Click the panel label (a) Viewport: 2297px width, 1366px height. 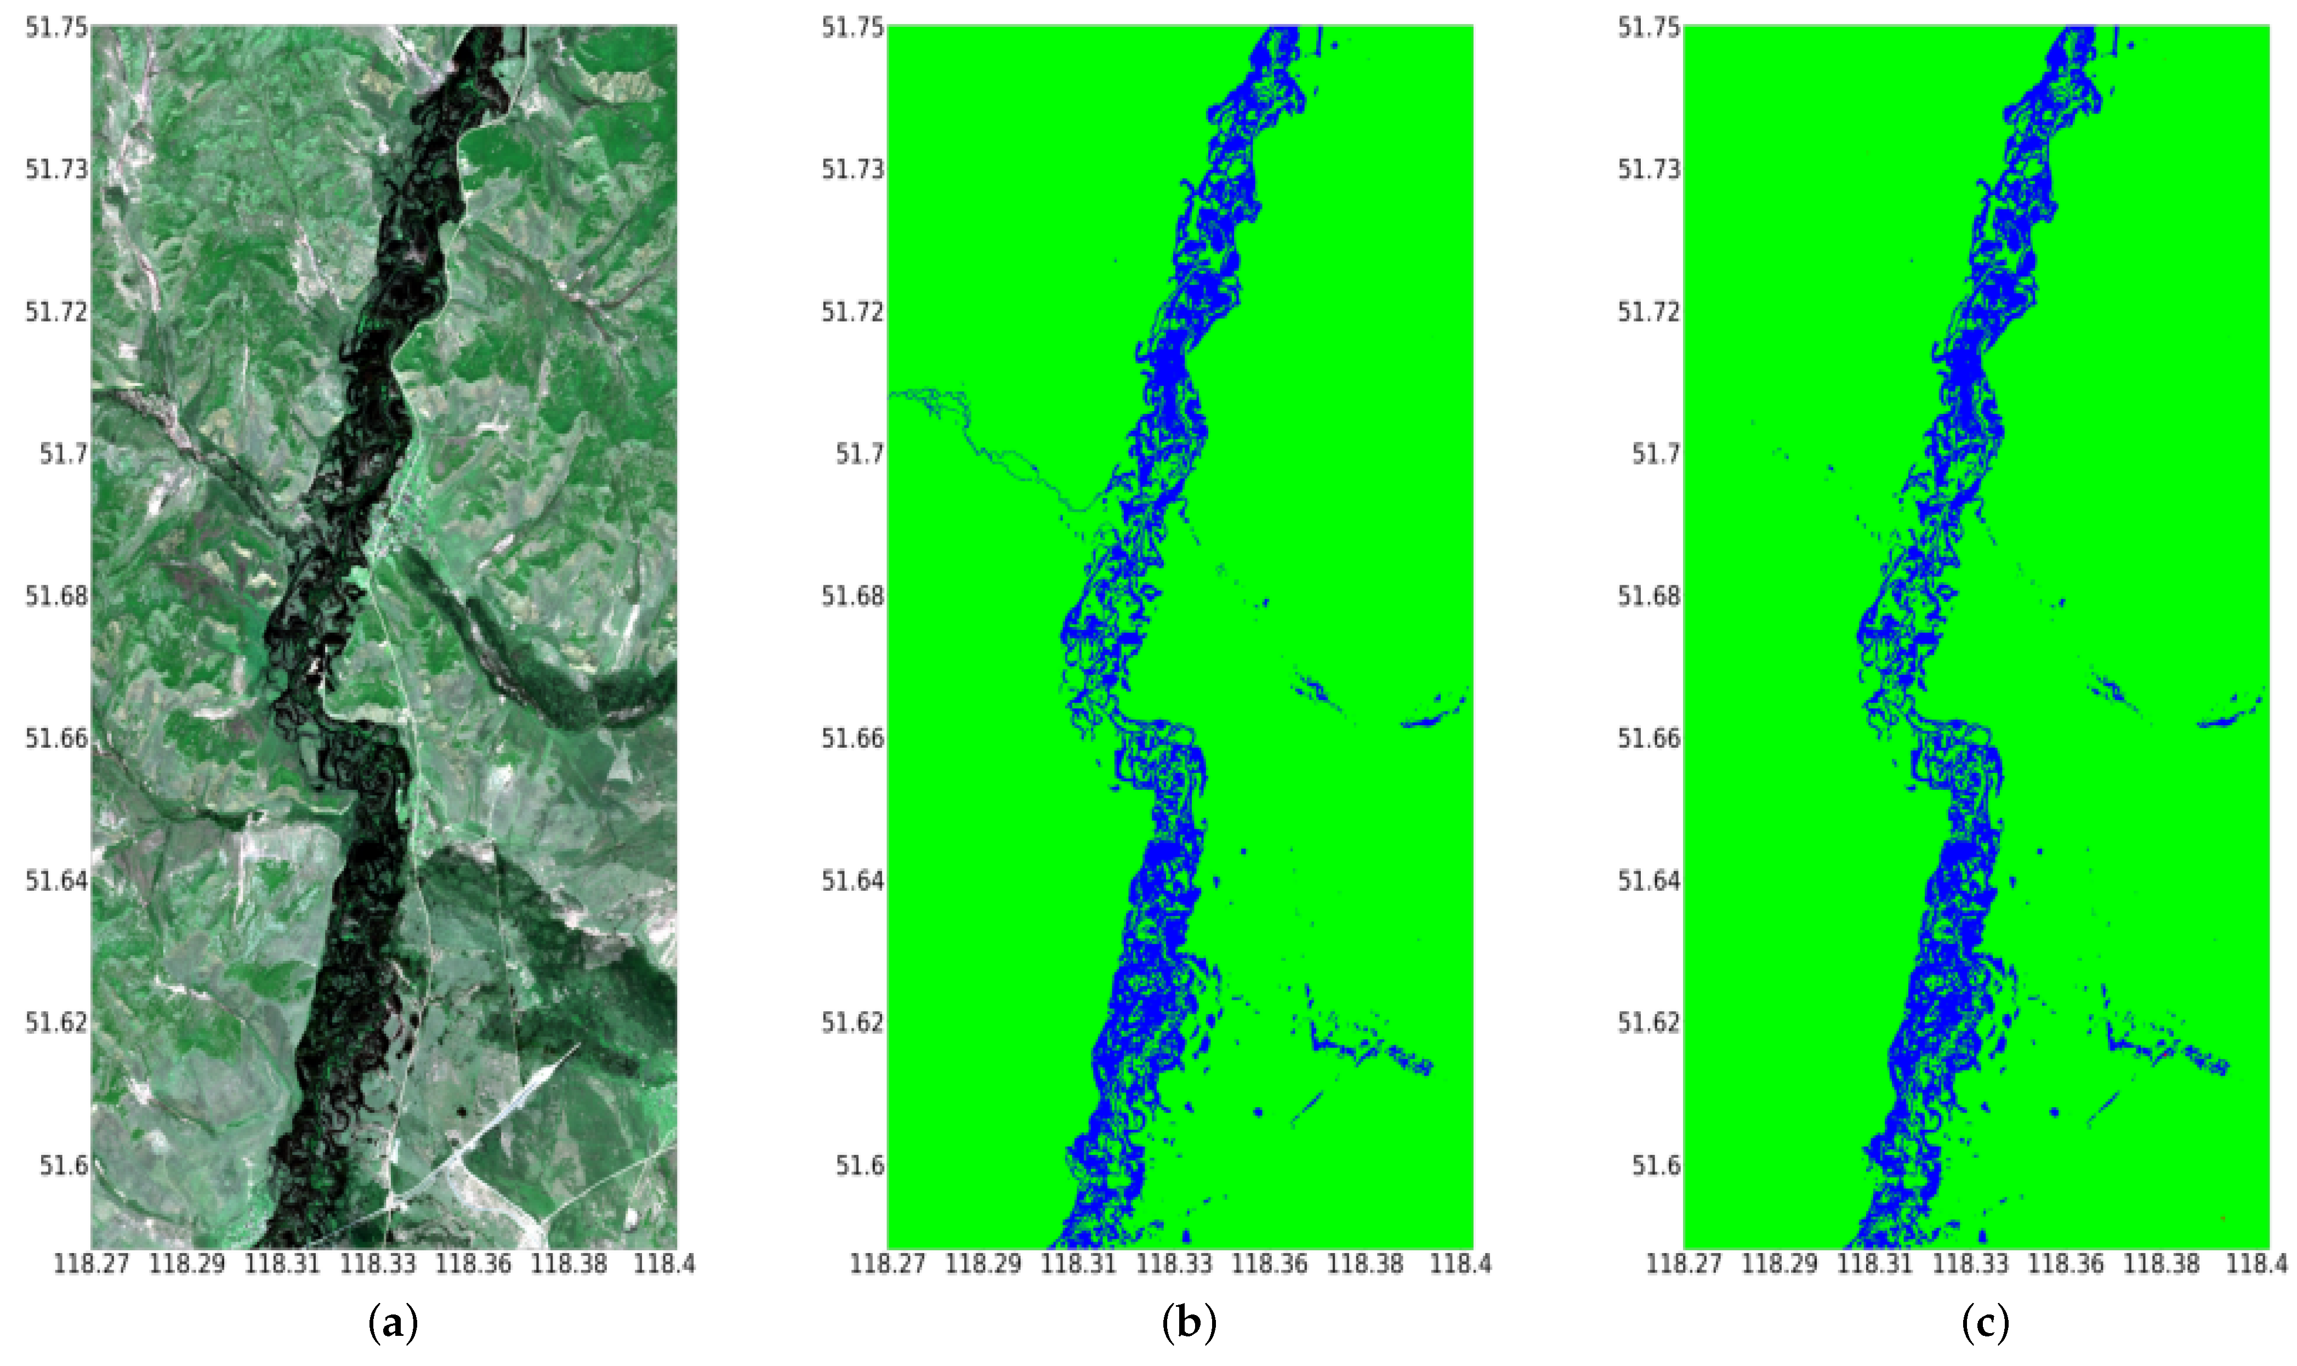point(393,1324)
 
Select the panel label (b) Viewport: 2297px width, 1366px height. point(1189,1324)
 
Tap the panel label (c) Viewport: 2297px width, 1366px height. point(1985,1324)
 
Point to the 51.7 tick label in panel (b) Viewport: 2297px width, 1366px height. point(858,454)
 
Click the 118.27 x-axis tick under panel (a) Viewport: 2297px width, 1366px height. point(91,1264)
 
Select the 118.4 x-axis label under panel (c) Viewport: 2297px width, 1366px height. point(2255,1264)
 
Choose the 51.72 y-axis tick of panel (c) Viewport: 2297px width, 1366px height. point(1649,312)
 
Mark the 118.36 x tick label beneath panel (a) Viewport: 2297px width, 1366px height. point(473,1264)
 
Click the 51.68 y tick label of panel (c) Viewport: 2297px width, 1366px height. point(1649,596)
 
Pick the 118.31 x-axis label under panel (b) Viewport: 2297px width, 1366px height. point(1078,1264)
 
